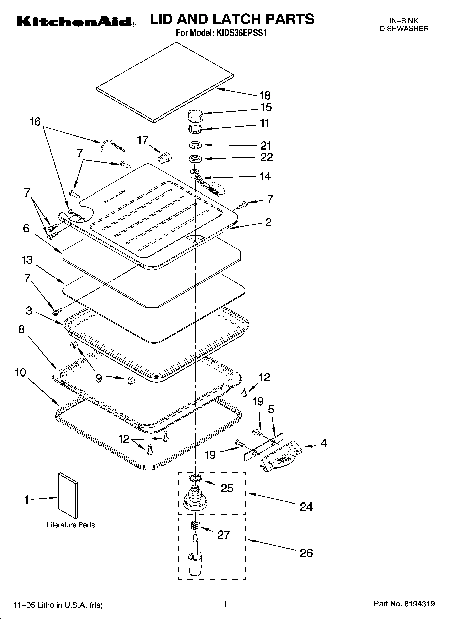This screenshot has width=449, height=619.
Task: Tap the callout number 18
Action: pyautogui.click(x=265, y=96)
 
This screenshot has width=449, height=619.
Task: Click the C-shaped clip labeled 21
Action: pyautogui.click(x=195, y=145)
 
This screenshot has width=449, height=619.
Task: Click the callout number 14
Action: pyautogui.click(x=265, y=176)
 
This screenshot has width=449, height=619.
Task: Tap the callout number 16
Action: pyautogui.click(x=35, y=122)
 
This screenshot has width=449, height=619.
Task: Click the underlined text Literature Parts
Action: pyautogui.click(x=71, y=525)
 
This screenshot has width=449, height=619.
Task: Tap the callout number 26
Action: pyautogui.click(x=306, y=553)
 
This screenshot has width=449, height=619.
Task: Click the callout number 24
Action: pyautogui.click(x=306, y=507)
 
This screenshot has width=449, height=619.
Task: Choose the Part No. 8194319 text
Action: pyautogui.click(x=404, y=604)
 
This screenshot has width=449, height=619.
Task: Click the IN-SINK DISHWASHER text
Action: pyautogui.click(x=404, y=25)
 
